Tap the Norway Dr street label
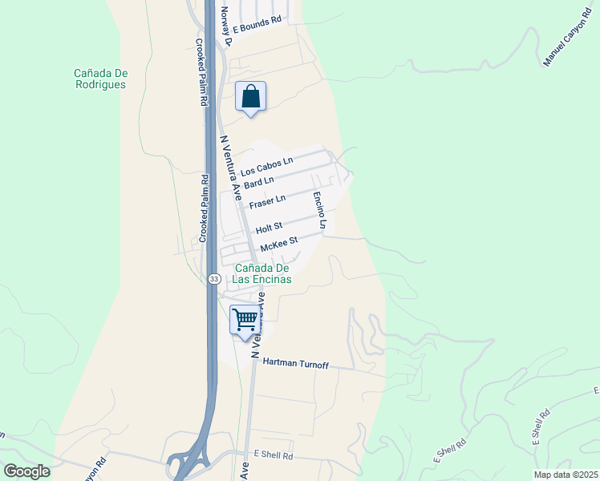coord(225,26)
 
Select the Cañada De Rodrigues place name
coord(101,79)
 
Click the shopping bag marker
coord(251,97)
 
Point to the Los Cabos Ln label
coord(267,166)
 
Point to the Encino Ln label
coord(318,211)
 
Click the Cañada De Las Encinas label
coord(261,273)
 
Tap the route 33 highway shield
coord(213,278)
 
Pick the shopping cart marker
coord(245,320)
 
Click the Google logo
coord(27,471)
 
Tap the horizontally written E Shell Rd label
coord(273,455)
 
